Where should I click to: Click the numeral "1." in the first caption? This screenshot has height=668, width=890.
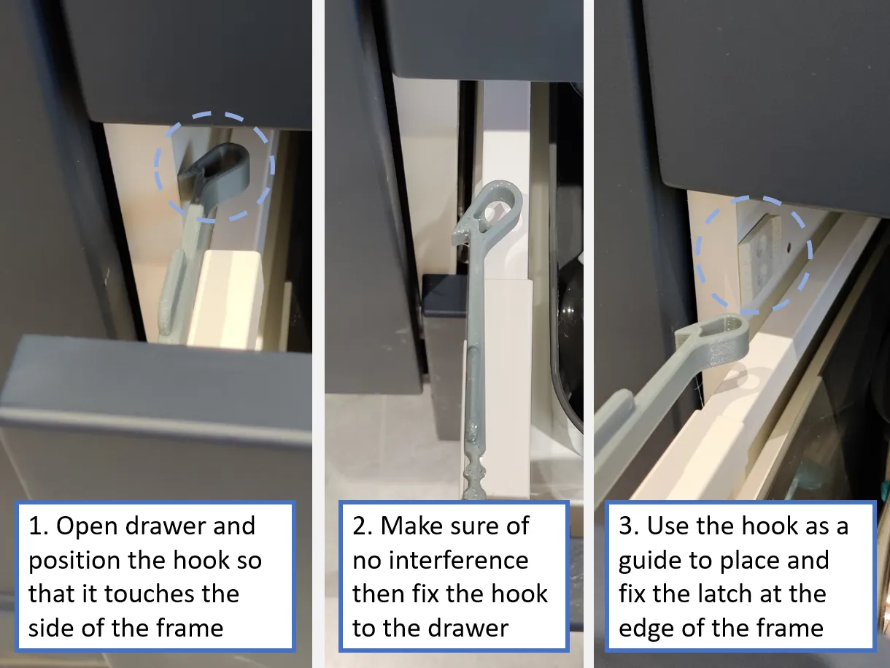pos(39,526)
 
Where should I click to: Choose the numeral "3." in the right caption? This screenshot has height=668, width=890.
pos(629,526)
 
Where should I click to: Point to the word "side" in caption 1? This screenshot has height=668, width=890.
pos(52,629)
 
